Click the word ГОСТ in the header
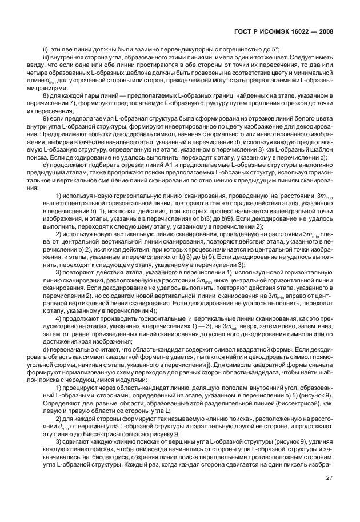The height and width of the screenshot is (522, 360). click(x=243, y=32)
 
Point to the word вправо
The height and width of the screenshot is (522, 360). click(x=291, y=296)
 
